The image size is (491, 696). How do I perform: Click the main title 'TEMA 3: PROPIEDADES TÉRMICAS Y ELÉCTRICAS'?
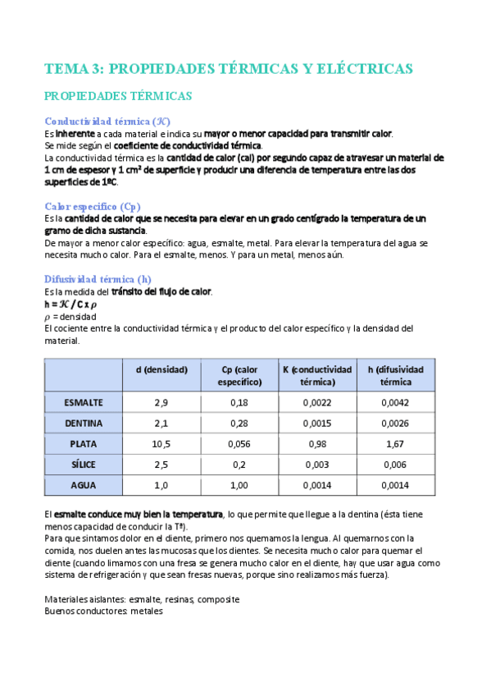(x=228, y=68)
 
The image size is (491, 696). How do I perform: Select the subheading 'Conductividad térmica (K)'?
(x=107, y=121)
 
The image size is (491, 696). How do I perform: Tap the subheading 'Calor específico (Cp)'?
(x=93, y=206)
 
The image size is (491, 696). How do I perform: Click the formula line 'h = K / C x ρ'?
(x=75, y=304)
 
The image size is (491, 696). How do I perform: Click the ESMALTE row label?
(x=84, y=402)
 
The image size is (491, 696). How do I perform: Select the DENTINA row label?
(x=84, y=424)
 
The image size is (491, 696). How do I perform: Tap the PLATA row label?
(x=84, y=444)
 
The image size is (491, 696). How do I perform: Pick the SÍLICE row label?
(x=84, y=465)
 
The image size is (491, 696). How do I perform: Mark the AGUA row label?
(x=84, y=485)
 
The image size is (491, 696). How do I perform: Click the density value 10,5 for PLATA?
(x=161, y=444)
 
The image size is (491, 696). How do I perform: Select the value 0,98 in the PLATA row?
(x=316, y=444)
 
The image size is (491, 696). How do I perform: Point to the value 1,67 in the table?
(x=396, y=444)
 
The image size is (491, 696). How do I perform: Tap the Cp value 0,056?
(x=239, y=444)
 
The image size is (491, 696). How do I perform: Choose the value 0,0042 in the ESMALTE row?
(x=396, y=402)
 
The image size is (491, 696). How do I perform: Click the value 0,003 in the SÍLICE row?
(x=316, y=465)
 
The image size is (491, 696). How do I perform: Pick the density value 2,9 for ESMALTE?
(x=161, y=402)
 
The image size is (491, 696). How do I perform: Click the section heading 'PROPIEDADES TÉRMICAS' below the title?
(x=118, y=96)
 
